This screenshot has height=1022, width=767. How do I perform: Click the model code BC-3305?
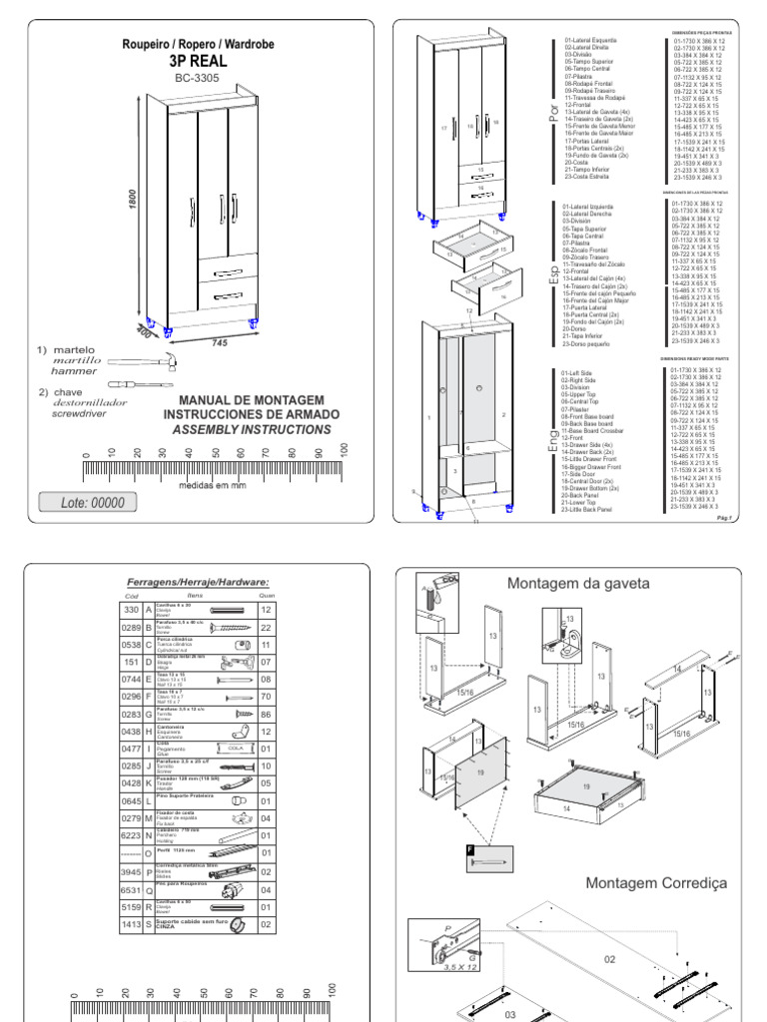point(188,77)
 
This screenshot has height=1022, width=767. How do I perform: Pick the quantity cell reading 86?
point(266,715)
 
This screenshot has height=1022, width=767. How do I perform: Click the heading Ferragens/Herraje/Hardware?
point(198,582)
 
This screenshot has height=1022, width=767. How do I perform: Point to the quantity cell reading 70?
point(266,697)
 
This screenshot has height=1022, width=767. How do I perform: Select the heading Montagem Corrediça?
point(656,882)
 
